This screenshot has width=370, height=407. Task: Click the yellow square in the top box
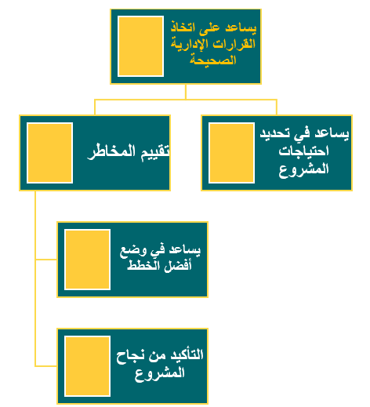(140, 46)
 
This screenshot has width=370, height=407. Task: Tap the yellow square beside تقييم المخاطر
(49, 153)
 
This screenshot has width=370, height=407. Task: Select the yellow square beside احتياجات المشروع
(231, 153)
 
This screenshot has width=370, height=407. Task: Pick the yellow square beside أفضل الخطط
(87, 260)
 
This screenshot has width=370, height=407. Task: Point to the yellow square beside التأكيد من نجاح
(87, 366)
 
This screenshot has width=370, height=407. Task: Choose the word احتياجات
(303, 151)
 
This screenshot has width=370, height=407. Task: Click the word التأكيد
(187, 355)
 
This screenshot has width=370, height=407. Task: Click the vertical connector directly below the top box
(186, 92)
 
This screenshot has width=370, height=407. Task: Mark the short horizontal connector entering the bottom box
(46, 366)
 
